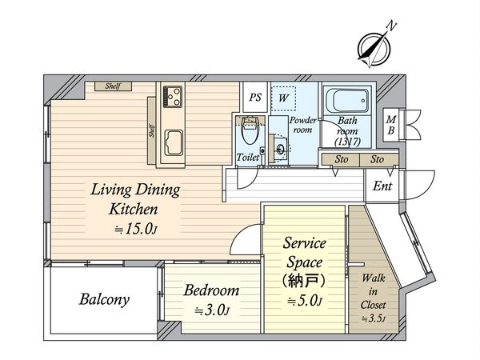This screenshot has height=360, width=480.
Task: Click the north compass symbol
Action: [x=374, y=47]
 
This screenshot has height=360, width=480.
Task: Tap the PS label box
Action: [x=255, y=97]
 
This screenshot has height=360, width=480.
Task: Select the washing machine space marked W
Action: [x=283, y=98]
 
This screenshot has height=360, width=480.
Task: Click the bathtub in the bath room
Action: [x=347, y=101]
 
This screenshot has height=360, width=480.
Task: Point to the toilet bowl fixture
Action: [x=250, y=131]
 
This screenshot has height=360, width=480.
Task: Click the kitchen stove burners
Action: [x=173, y=97]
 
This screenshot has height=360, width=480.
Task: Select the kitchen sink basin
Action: [x=174, y=142]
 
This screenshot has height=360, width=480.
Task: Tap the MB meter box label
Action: [x=391, y=125]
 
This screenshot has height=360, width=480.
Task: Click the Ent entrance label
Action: [x=382, y=186]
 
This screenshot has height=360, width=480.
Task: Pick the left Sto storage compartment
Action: [x=341, y=159]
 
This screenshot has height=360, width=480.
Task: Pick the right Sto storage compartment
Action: [x=378, y=159]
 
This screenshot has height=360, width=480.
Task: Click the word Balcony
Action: [x=104, y=299]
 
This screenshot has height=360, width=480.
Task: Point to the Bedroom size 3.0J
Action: [x=212, y=310]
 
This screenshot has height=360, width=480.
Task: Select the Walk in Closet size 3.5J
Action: [x=373, y=318]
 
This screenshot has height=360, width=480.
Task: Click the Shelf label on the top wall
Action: [x=113, y=86]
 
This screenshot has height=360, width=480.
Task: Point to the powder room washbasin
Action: [x=280, y=150]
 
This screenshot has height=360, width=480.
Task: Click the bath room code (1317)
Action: [x=347, y=142]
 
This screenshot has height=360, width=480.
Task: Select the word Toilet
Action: [x=248, y=158]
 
